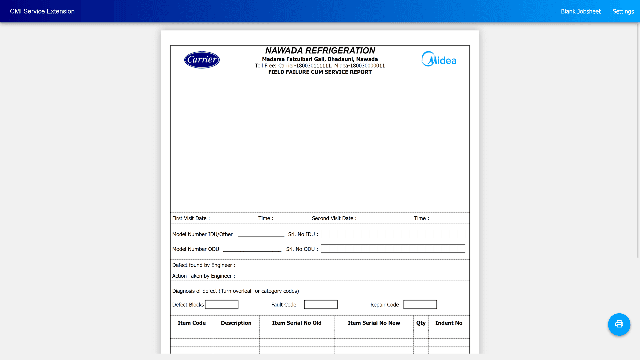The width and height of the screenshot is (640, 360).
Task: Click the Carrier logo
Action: point(202,60)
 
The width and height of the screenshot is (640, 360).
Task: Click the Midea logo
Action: point(439,59)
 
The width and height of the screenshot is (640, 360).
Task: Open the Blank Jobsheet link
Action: point(581,11)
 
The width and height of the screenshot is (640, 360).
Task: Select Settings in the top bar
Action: point(623,11)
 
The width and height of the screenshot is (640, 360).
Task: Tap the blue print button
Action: point(619,324)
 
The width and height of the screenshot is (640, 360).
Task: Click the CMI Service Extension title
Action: point(42,11)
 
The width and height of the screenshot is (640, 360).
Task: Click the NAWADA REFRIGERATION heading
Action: point(320,51)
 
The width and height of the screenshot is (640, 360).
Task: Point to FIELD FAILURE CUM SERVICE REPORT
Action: point(320,72)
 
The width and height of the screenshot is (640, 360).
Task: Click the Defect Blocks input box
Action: point(222,305)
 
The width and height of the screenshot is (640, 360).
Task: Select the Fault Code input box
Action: point(321,305)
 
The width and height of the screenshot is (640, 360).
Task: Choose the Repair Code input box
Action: point(420,305)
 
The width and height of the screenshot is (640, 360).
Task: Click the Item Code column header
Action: point(192,323)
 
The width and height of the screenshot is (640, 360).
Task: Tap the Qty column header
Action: point(421,323)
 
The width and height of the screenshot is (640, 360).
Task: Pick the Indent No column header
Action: point(449,323)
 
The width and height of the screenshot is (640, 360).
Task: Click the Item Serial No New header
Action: point(374,323)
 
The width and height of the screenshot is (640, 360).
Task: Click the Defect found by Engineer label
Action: point(204,265)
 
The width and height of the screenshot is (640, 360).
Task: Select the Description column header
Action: point(236,323)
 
